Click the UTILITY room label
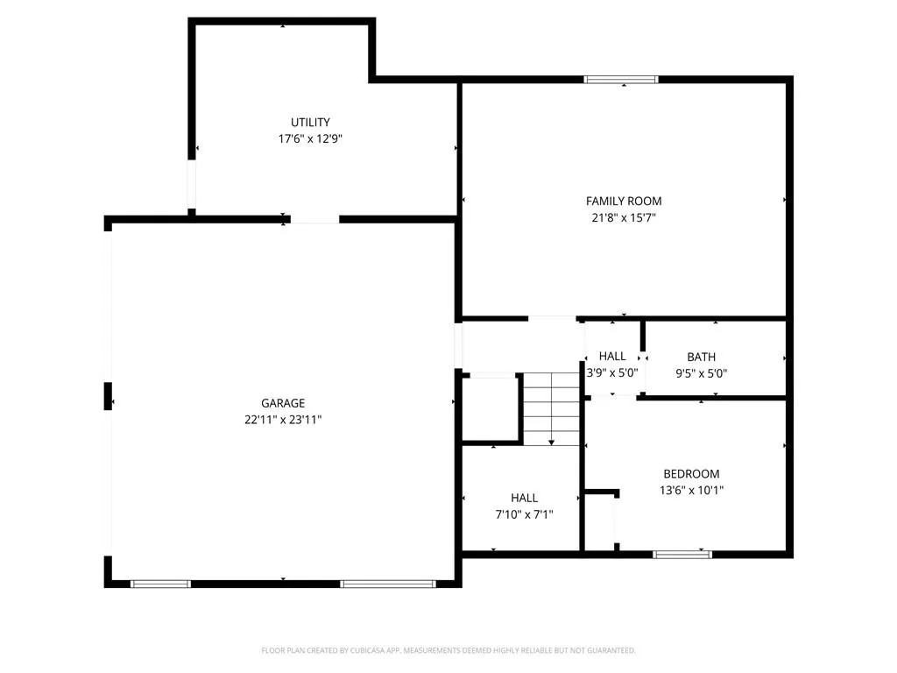coord(310,122)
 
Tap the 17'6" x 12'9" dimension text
coord(310,138)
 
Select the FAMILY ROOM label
coord(624,201)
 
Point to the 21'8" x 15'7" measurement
coord(624,217)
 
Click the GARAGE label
coord(283,403)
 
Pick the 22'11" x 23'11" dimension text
coord(283,420)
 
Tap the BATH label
coord(702,358)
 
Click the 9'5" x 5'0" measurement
coord(702,373)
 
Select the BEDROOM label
coord(691,474)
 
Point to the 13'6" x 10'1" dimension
coord(691,491)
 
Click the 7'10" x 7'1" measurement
coord(524,514)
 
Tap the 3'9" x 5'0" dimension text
coord(612,372)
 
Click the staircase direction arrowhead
coord(552,443)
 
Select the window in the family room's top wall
coord(621,80)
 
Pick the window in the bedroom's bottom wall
coord(682,554)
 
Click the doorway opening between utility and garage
coord(314,219)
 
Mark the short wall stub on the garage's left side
coord(108,396)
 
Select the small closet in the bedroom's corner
coord(600,521)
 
